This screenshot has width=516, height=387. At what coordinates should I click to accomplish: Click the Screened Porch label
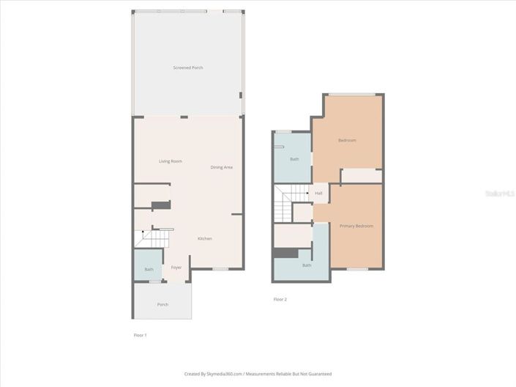coord(188,67)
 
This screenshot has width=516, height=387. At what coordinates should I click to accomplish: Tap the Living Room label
coord(171,161)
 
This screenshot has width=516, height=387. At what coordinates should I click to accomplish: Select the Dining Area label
coord(222,167)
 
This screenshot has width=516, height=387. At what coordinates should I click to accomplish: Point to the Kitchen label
coord(205,238)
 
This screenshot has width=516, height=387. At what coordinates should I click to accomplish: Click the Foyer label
coord(176,268)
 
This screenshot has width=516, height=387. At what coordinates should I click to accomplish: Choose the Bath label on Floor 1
coord(149,269)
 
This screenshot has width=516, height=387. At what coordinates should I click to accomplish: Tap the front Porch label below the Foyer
coord(162,304)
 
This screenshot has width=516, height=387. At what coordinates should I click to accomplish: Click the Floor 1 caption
coord(140,334)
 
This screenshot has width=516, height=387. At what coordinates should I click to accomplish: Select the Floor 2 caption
coord(280,299)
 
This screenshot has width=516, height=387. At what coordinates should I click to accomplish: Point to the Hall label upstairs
coord(318,193)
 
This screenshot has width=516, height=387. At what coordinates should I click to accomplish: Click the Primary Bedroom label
coord(356,226)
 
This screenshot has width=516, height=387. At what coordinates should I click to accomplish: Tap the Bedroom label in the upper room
coord(347,140)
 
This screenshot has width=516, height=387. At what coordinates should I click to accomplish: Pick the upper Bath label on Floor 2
coord(294,159)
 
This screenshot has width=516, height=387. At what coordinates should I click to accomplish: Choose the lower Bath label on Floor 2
coord(307,265)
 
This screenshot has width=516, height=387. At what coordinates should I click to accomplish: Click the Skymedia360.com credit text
coord(258,373)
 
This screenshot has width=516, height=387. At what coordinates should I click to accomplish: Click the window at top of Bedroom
coord(352,94)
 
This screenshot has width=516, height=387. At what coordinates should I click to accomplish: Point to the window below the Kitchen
coord(220,269)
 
